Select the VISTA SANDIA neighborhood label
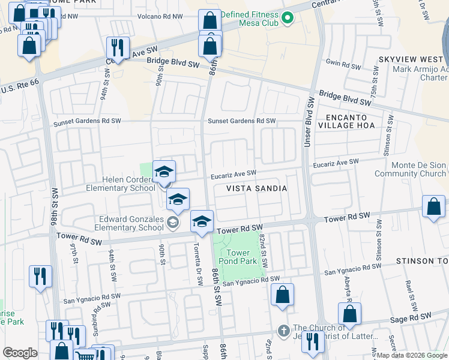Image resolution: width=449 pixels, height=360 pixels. point(256,188)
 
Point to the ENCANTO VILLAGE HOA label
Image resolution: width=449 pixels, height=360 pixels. point(350,121)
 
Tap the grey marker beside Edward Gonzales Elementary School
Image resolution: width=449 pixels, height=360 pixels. point(173,223)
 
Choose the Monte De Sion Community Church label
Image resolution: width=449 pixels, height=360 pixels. point(410,170)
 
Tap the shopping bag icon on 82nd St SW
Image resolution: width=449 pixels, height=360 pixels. point(282,295)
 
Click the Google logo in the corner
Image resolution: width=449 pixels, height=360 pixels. point(20,353)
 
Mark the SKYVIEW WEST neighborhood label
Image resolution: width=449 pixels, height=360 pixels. point(411,60)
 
